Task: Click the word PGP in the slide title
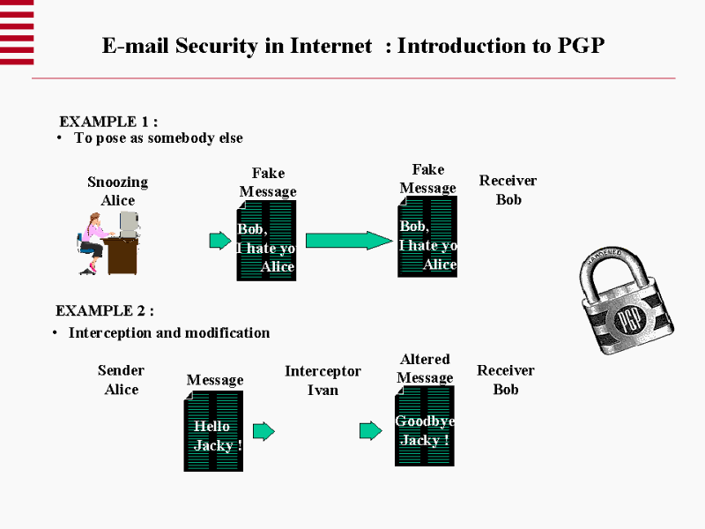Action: pyautogui.click(x=581, y=46)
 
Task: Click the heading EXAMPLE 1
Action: pyautogui.click(x=108, y=122)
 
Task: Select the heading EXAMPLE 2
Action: pyautogui.click(x=105, y=311)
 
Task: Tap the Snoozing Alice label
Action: pyautogui.click(x=117, y=191)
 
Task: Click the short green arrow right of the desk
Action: pyautogui.click(x=219, y=241)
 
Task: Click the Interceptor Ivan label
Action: pyautogui.click(x=323, y=380)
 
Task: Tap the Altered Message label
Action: pyautogui.click(x=425, y=369)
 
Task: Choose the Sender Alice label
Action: pyautogui.click(x=121, y=380)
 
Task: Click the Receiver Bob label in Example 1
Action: pyautogui.click(x=508, y=190)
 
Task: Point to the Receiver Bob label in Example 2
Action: pyautogui.click(x=506, y=380)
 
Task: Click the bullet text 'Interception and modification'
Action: pyautogui.click(x=169, y=332)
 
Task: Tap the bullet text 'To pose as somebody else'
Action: pyautogui.click(x=159, y=138)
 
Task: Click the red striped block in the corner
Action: pyautogui.click(x=17, y=32)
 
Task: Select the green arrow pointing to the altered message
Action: pyautogui.click(x=370, y=431)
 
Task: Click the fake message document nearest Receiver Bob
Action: pyautogui.click(x=427, y=236)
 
